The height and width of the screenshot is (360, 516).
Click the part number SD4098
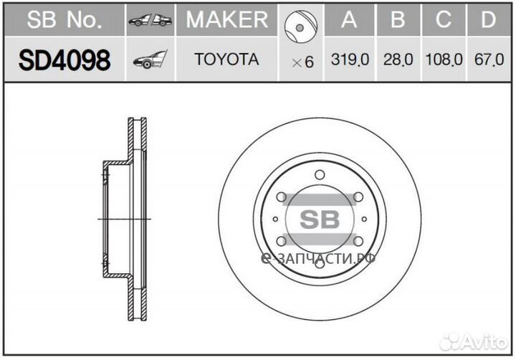tap(64, 61)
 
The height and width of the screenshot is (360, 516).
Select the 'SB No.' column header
tap(64, 20)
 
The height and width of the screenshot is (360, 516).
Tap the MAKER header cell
tap(226, 20)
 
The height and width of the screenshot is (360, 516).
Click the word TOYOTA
tap(226, 60)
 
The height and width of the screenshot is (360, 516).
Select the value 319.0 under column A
tap(350, 61)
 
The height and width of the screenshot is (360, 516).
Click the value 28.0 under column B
tap(398, 61)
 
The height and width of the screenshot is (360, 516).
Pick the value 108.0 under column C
tap(444, 61)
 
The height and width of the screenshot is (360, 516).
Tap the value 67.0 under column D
tap(489, 61)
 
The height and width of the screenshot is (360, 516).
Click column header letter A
tap(350, 20)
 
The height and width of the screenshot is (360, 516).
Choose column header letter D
tap(489, 20)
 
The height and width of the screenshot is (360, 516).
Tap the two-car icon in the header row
tap(150, 21)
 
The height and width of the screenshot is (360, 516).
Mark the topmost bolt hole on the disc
tap(319, 175)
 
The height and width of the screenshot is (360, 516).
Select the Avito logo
tap(472, 339)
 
